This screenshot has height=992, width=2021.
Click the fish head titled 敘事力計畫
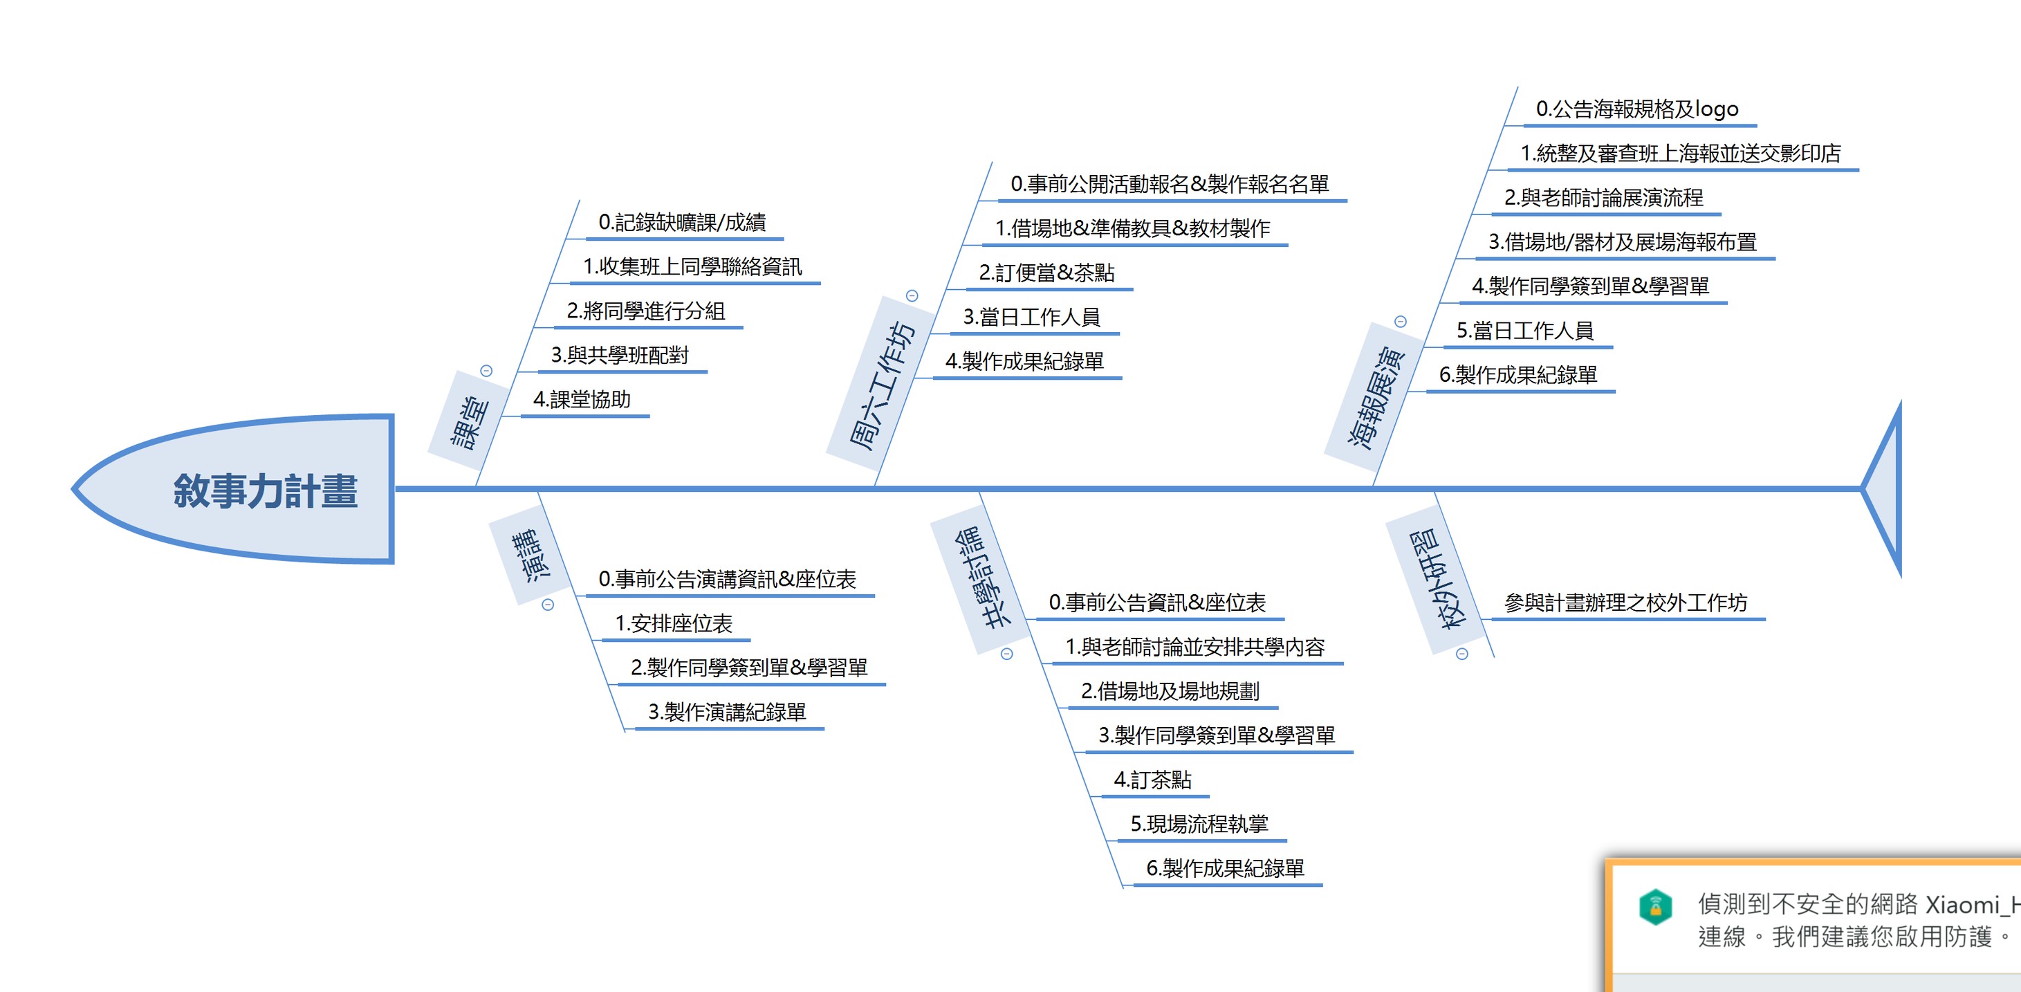click(265, 490)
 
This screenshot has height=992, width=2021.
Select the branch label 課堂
click(469, 422)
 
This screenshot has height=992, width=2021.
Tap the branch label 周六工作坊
click(882, 385)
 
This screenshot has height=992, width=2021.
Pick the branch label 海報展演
click(1375, 397)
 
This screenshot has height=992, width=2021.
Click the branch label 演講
click(530, 555)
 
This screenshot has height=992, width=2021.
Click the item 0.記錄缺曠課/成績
click(682, 223)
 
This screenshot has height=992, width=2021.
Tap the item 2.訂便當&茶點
click(1046, 273)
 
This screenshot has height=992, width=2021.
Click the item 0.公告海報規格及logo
click(1636, 109)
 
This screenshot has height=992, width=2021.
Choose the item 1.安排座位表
click(673, 624)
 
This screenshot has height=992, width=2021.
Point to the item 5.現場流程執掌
click(1199, 824)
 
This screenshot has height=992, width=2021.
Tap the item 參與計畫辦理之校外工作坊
click(1625, 603)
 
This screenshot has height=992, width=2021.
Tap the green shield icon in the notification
click(1655, 907)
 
